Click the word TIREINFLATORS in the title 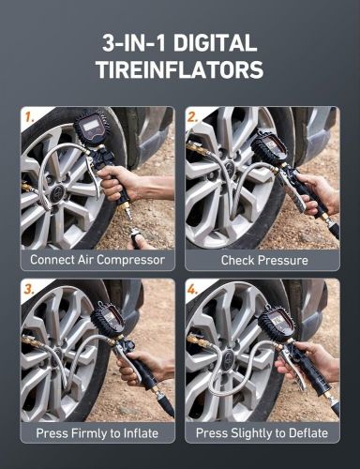click(179, 70)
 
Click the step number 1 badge click(29, 118)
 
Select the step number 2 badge click(193, 118)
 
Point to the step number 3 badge click(29, 290)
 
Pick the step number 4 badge click(193, 290)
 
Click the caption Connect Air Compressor click(97, 260)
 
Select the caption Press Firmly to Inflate click(97, 433)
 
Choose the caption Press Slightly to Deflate click(262, 433)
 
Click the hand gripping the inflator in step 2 click(320, 192)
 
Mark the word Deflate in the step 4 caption click(306, 433)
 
